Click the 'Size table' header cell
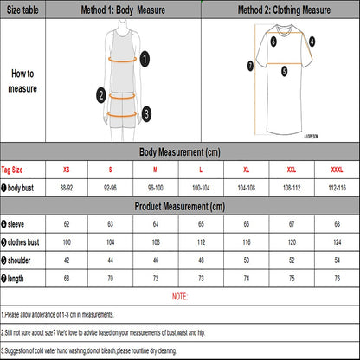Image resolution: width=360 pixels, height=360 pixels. tap(22, 10)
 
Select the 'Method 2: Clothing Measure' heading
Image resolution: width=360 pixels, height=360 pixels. tap(280, 10)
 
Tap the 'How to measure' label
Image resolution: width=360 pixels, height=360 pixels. tap(22, 81)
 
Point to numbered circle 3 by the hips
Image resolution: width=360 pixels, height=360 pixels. tap(146, 112)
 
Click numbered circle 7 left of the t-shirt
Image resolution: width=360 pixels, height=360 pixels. tap(250, 65)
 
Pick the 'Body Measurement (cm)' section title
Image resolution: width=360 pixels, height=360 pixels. tap(179, 151)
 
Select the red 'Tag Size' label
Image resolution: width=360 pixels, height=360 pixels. tap(13, 170)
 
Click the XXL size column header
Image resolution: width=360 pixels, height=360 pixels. tap(291, 170)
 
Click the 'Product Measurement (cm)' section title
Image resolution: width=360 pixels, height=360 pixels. tap(179, 207)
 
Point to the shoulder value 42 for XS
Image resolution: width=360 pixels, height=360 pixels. tap(67, 260)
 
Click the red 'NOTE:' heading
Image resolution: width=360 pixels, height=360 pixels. tap(179, 297)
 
